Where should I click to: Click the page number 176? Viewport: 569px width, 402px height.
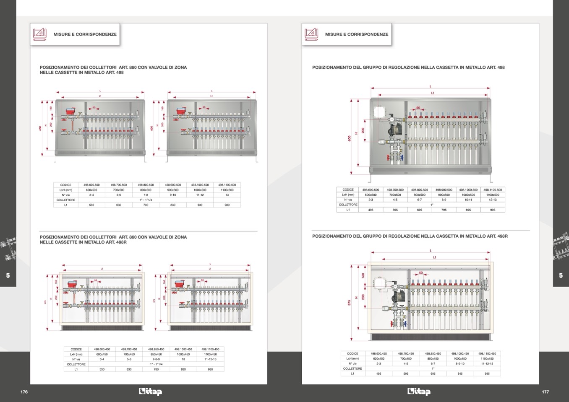(x=24, y=392)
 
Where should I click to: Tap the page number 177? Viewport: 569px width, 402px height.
(x=545, y=392)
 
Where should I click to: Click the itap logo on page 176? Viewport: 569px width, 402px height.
(x=150, y=392)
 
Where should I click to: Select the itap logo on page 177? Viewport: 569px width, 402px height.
(x=419, y=392)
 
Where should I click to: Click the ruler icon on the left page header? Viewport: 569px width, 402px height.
(x=40, y=34)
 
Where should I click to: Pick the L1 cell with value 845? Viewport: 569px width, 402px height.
(x=460, y=373)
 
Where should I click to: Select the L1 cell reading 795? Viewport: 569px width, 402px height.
(x=444, y=210)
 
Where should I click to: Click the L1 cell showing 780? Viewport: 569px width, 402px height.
(x=156, y=369)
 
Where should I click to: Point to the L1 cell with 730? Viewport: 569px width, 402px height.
(x=146, y=205)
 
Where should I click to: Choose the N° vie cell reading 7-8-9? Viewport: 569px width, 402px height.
(x=156, y=359)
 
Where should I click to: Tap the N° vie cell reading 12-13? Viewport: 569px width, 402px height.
(x=493, y=200)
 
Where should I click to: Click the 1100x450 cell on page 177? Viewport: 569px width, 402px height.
(x=487, y=358)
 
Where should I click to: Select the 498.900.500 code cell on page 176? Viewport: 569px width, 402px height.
(x=173, y=185)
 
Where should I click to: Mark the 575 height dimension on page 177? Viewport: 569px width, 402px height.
(x=349, y=302)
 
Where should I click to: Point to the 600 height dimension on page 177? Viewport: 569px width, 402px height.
(x=349, y=138)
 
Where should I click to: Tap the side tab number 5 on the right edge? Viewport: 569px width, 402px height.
(x=561, y=275)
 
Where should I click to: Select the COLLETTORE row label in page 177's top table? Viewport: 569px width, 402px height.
(x=348, y=205)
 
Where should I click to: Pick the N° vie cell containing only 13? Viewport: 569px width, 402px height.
(x=227, y=195)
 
